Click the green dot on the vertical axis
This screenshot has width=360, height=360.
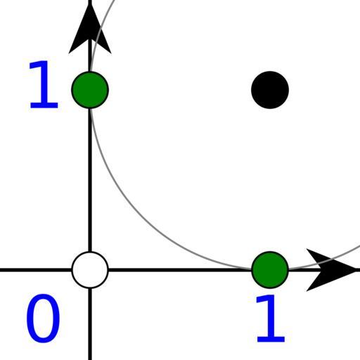[x=90, y=90]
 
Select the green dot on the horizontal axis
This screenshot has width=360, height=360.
[x=270, y=270]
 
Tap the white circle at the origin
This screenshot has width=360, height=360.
[x=90, y=270]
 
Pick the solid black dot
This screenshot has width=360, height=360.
[x=270, y=90]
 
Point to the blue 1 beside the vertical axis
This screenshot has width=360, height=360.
[x=44, y=84]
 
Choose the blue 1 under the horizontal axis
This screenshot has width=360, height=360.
[x=271, y=319]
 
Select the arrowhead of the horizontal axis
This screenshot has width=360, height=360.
[x=333, y=270]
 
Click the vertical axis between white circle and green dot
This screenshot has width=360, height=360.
[x=90, y=180]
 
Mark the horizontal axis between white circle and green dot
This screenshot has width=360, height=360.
[x=180, y=270]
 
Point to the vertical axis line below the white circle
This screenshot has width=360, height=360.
[x=90, y=324]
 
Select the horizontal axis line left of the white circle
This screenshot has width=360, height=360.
[x=36, y=270]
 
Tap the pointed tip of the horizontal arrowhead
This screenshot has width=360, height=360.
[x=359, y=270]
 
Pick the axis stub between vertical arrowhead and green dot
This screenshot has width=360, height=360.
[x=90, y=56]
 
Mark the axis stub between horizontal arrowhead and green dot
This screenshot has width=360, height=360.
[x=305, y=270]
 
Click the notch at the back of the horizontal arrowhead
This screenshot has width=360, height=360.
[x=321, y=270]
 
